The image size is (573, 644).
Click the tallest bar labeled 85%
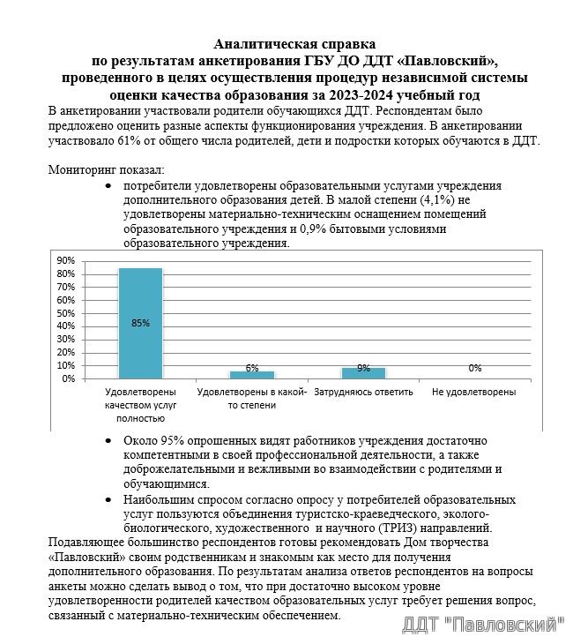pos(140,323)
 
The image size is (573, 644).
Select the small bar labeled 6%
pos(252,374)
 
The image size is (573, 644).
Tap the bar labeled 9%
pos(363,372)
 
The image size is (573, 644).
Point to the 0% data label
pos(475,368)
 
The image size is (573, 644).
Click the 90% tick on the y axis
pos(65,261)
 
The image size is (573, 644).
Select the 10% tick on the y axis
pos(65,365)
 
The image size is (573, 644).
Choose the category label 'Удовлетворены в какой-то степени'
pos(252,398)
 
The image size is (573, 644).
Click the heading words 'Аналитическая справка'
pos(294,44)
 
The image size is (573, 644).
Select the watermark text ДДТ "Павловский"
pos(482,625)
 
